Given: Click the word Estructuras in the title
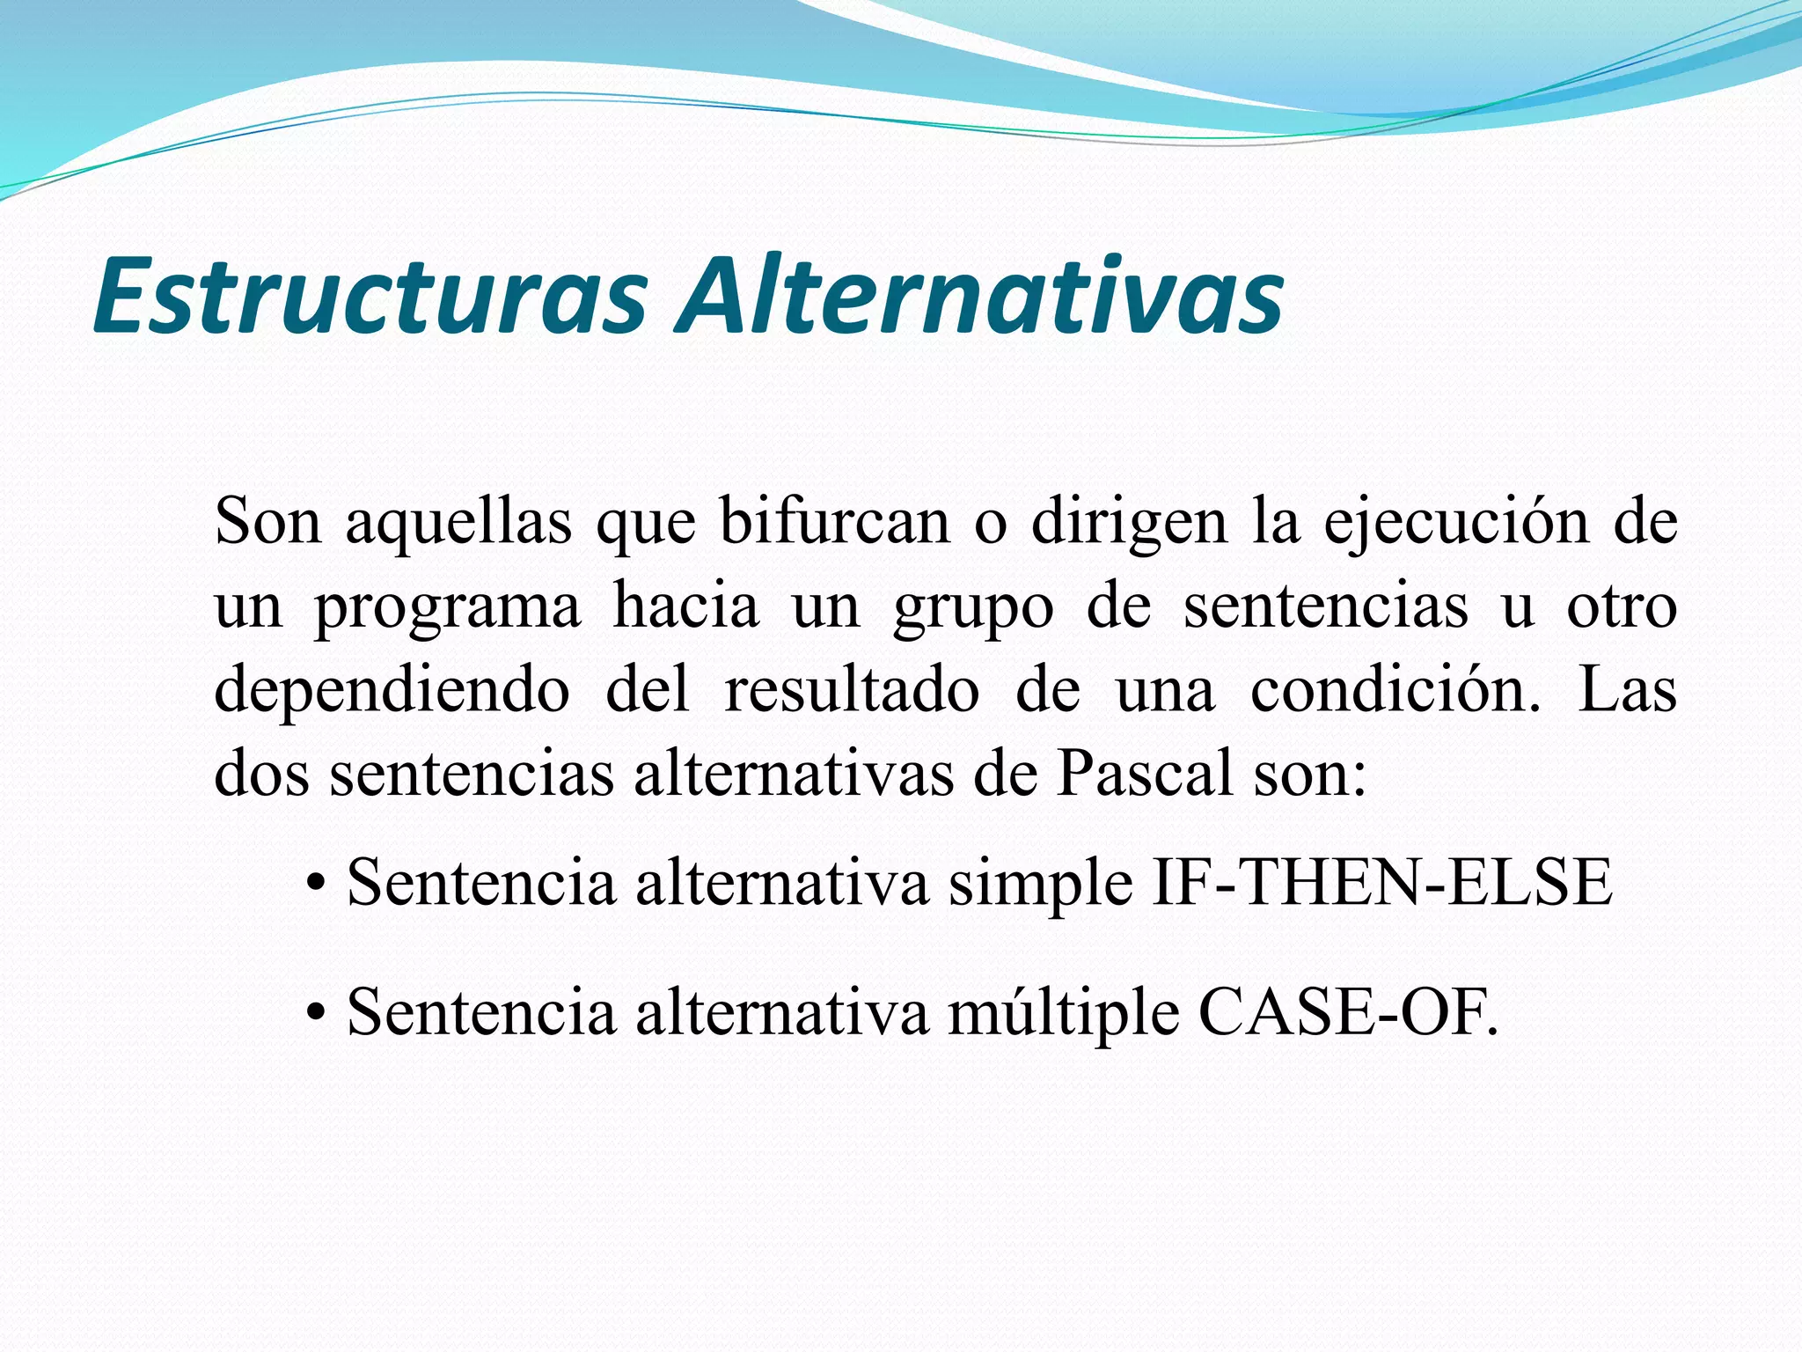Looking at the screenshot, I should [370, 296].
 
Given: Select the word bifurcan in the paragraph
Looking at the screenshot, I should [834, 521].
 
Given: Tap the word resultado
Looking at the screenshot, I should [852, 690].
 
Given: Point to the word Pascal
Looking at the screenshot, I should [1145, 775].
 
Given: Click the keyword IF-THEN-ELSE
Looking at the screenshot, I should [1382, 883].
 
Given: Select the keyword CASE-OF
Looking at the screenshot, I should [1347, 1012].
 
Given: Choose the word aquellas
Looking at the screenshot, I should [458, 523].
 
